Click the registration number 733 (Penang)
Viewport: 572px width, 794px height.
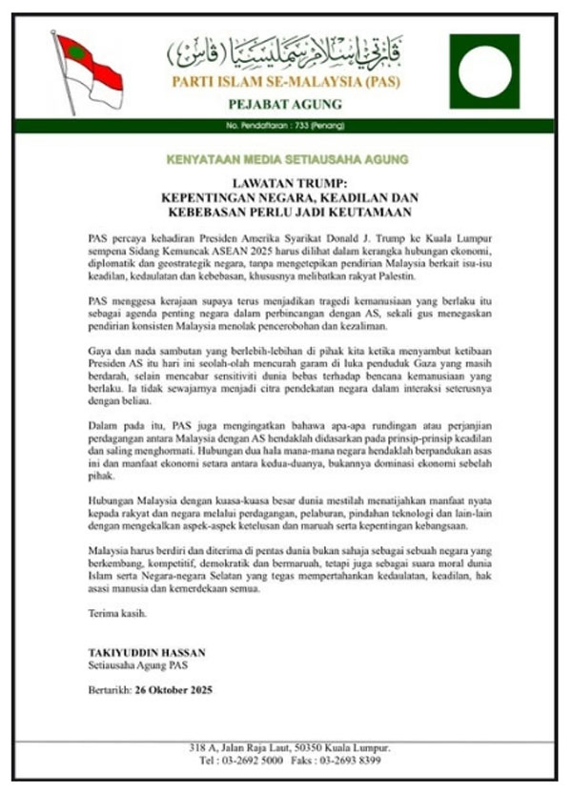point(303,126)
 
